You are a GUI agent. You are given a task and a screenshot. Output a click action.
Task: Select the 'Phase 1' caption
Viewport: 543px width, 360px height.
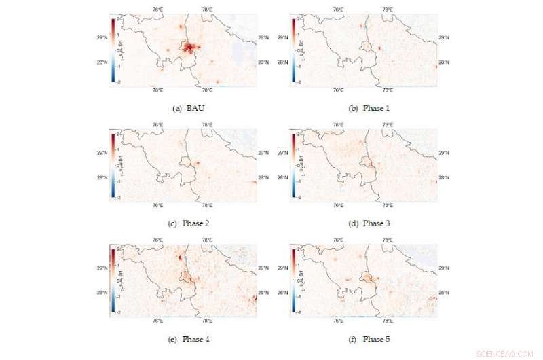pyautogui.click(x=367, y=108)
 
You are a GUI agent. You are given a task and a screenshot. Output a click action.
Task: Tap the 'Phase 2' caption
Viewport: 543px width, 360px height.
pyautogui.click(x=183, y=223)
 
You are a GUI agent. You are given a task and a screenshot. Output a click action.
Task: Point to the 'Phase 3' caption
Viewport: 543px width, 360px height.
pyautogui.click(x=367, y=223)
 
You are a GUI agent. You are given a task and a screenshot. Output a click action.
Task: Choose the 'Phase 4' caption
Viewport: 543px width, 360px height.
pyautogui.click(x=183, y=338)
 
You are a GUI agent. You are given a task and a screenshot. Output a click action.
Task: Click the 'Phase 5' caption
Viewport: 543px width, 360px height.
pyautogui.click(x=367, y=338)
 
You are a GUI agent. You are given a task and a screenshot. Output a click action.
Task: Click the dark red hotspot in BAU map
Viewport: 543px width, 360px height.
pyautogui.click(x=191, y=48)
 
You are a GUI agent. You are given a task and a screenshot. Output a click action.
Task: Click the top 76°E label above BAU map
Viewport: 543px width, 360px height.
pyautogui.click(x=157, y=10)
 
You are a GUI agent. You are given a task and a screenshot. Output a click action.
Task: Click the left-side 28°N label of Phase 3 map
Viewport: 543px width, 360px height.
pyautogui.click(x=284, y=178)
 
